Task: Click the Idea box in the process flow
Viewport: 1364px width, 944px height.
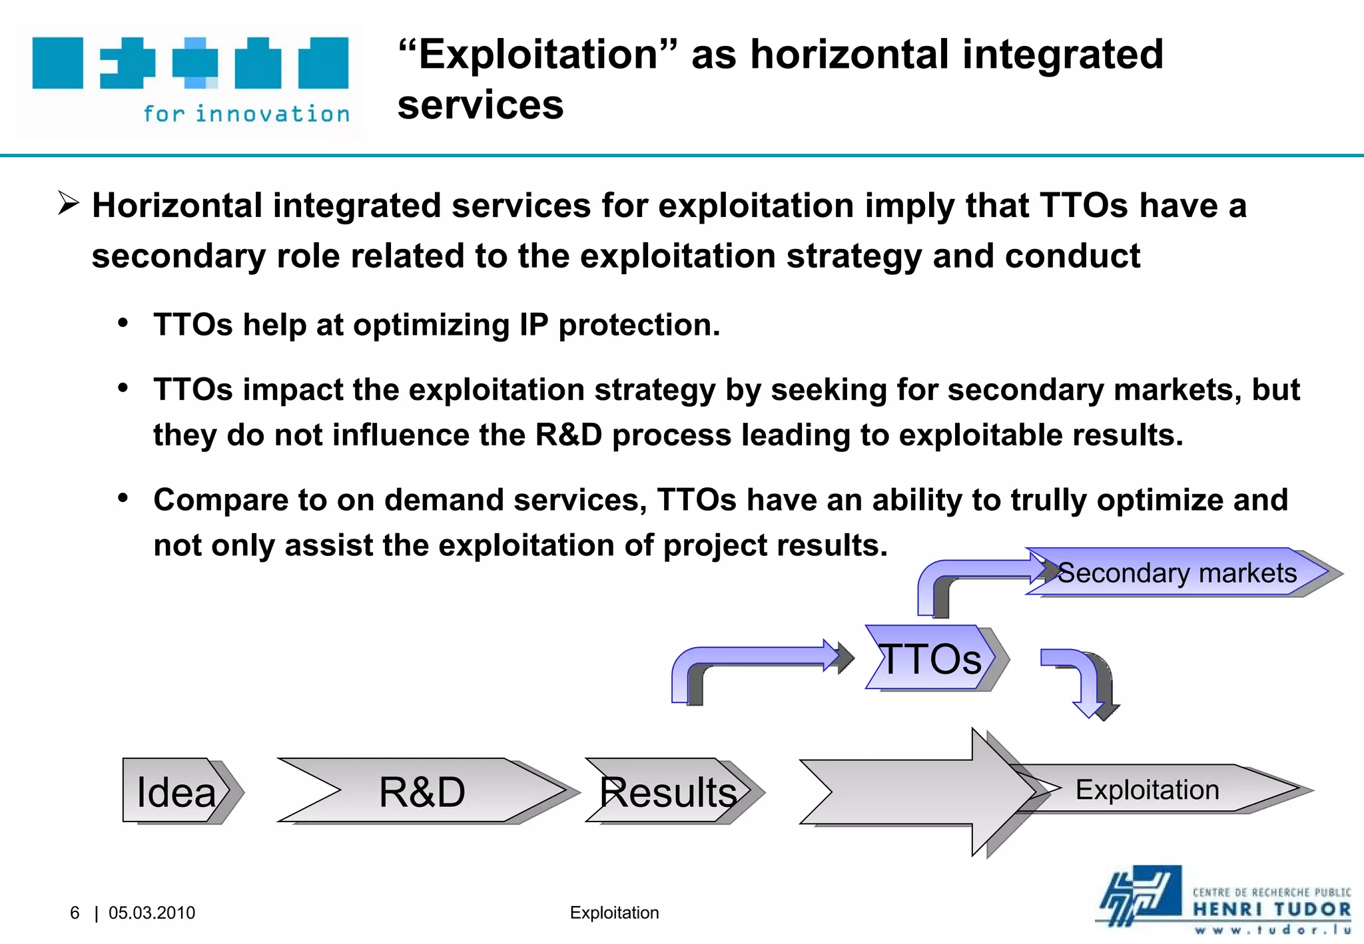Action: pyautogui.click(x=175, y=790)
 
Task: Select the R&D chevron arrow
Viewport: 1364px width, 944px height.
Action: pyautogui.click(x=422, y=790)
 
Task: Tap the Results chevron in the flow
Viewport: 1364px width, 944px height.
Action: pyautogui.click(x=667, y=790)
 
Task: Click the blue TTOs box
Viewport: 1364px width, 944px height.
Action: pyautogui.click(x=930, y=658)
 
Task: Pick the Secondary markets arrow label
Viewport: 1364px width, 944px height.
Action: pyautogui.click(x=1177, y=573)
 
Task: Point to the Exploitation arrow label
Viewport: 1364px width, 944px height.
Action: pyautogui.click(x=1147, y=790)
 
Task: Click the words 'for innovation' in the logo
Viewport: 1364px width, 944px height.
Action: pyautogui.click(x=246, y=114)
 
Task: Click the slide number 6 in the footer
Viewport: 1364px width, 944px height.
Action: pyautogui.click(x=75, y=913)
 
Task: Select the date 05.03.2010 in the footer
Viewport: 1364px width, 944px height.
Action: pyautogui.click(x=152, y=913)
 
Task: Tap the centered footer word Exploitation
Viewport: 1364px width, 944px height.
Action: pyautogui.click(x=614, y=913)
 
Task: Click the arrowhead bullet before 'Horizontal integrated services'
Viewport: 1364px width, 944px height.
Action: pyautogui.click(x=69, y=203)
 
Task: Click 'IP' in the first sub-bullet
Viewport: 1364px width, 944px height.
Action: pyautogui.click(x=533, y=325)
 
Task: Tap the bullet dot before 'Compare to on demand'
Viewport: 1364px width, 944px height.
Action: pyautogui.click(x=123, y=499)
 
